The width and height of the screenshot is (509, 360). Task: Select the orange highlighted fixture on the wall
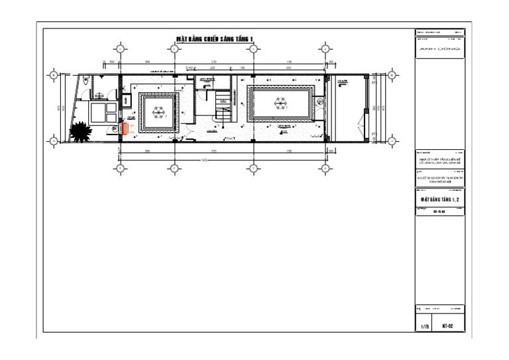(124, 128)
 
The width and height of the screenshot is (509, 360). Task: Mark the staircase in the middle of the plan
(223, 106)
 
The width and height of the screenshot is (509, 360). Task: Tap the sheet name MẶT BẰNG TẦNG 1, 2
(439, 198)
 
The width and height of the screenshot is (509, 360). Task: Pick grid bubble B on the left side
(53, 74)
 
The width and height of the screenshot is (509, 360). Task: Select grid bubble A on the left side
(53, 141)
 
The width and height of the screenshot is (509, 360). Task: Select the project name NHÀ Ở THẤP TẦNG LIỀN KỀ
(439, 159)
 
